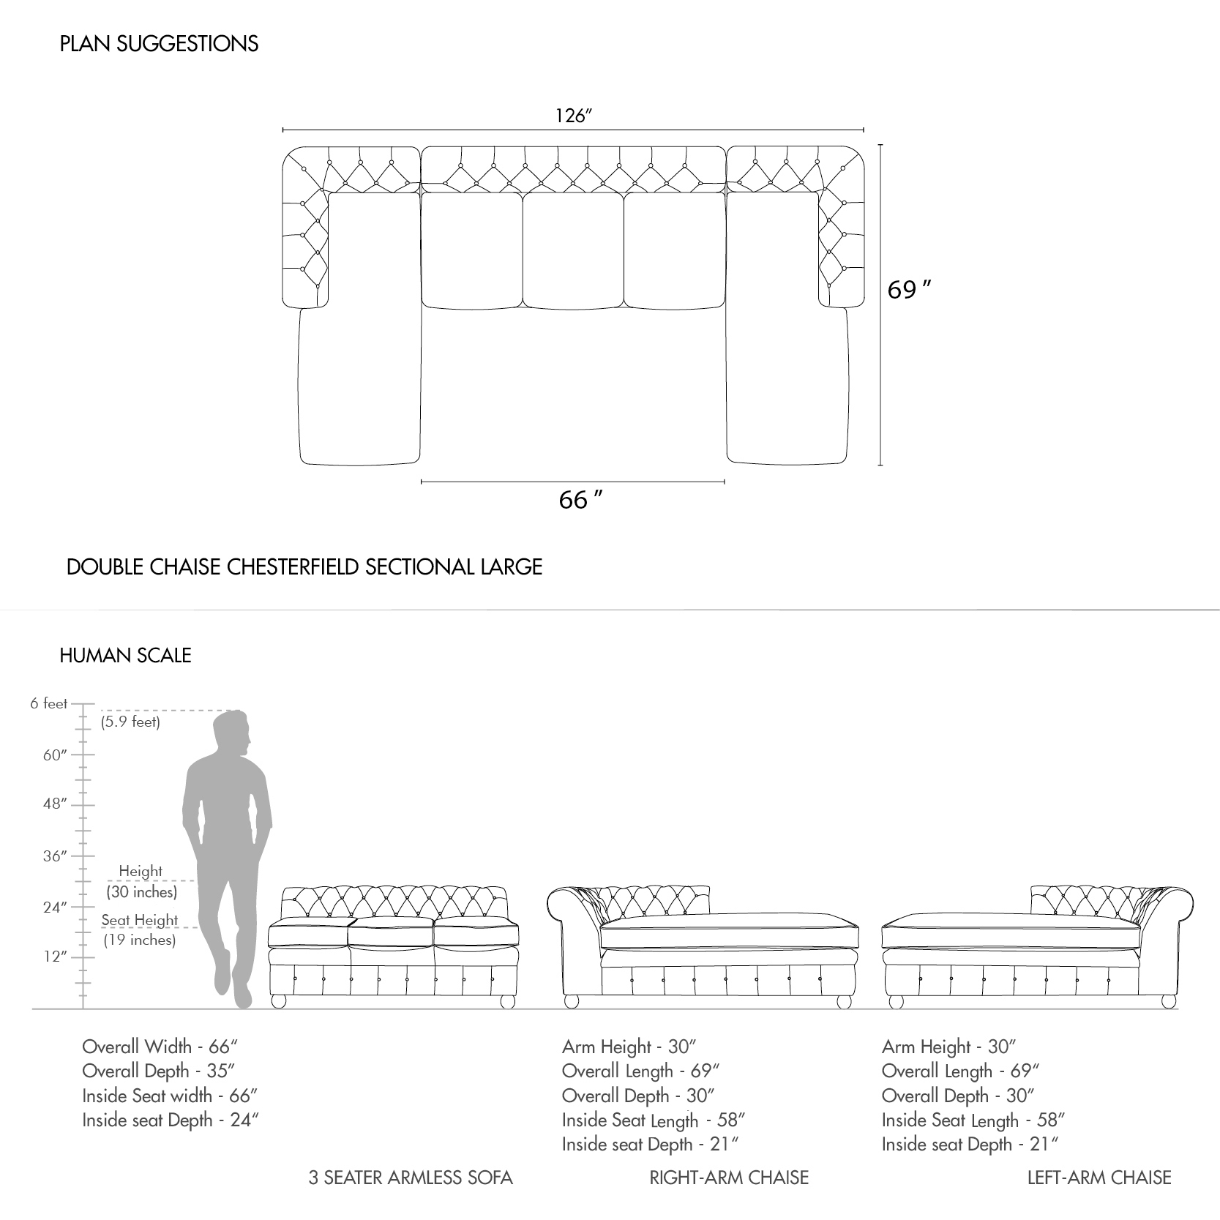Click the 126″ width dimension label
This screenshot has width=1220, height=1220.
(x=573, y=116)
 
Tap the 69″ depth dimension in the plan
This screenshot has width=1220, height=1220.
(x=909, y=291)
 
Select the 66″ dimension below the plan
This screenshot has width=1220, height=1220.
(x=580, y=500)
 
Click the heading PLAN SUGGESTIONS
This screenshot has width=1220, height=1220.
(x=159, y=44)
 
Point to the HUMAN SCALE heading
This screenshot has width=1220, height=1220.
(x=125, y=655)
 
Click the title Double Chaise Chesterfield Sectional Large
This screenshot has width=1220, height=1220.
(x=304, y=567)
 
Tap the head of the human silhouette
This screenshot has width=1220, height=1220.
(x=232, y=734)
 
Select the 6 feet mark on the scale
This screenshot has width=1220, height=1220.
(x=49, y=703)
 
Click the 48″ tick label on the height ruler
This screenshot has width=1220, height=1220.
(x=55, y=804)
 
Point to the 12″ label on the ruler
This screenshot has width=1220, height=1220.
(x=55, y=957)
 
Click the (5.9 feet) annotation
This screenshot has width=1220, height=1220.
(x=130, y=722)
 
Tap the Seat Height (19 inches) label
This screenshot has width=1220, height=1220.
(x=140, y=929)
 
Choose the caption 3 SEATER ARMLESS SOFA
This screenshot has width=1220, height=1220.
(x=411, y=1178)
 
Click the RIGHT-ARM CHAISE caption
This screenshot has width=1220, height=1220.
(x=729, y=1178)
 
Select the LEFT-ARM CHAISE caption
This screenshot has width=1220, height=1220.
(x=1099, y=1178)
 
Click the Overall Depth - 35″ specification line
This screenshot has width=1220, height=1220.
(x=159, y=1071)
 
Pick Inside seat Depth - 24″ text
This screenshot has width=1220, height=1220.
(x=171, y=1120)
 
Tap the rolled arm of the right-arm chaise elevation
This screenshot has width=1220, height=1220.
(x=575, y=922)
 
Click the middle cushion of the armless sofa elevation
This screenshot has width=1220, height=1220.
(x=390, y=935)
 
